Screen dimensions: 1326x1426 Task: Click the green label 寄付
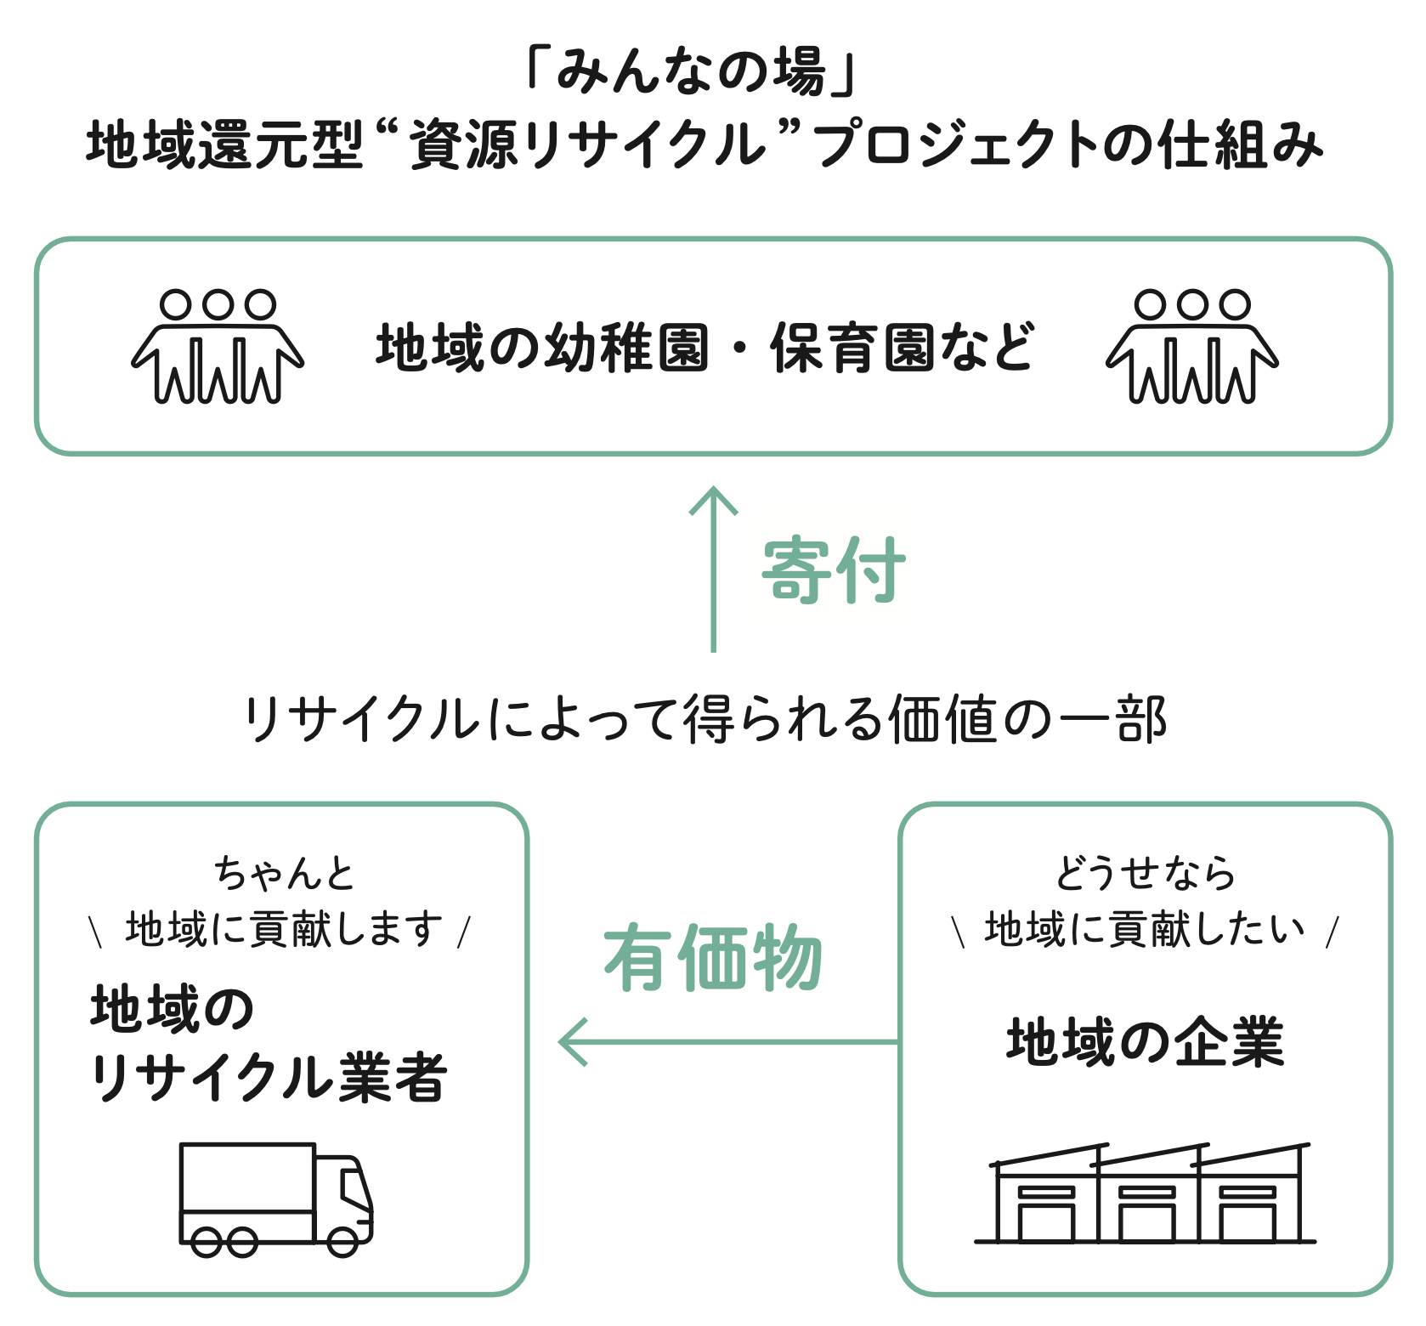(x=833, y=570)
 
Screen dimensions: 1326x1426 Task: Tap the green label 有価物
(x=712, y=958)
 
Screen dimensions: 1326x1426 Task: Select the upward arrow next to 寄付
(x=713, y=569)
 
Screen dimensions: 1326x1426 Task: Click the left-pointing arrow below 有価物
(x=727, y=1041)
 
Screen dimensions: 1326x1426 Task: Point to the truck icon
(x=276, y=1199)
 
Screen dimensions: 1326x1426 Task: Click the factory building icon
(x=1145, y=1194)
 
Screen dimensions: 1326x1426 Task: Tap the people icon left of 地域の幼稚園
(x=218, y=347)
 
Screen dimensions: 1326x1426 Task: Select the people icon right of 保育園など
(x=1191, y=347)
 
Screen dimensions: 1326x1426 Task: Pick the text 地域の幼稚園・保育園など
(x=705, y=348)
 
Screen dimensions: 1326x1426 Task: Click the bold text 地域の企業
(x=1145, y=1042)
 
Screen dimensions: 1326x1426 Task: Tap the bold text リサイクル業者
(x=269, y=1078)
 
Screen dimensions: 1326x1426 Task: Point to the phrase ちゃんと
(x=284, y=873)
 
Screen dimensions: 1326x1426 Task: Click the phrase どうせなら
(x=1145, y=873)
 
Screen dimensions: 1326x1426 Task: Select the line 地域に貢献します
(x=284, y=929)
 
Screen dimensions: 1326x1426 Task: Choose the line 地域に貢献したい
(x=1145, y=929)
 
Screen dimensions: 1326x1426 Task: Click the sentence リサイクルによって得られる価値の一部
(x=705, y=720)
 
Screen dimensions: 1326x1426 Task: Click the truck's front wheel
(x=342, y=1242)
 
